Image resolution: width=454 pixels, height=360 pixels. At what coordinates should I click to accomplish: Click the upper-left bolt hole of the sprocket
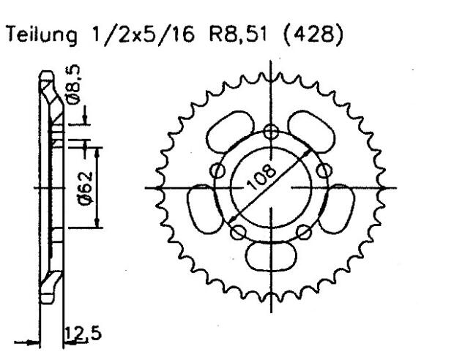click(217, 170)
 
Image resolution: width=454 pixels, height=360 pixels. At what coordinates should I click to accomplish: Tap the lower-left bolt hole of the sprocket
click(237, 233)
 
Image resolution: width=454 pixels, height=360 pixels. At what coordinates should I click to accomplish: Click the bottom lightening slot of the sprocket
click(272, 257)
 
